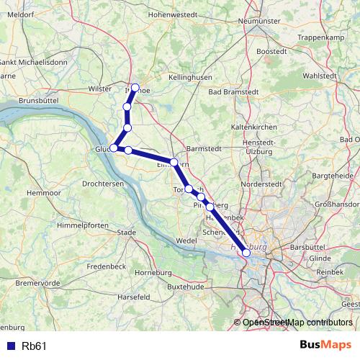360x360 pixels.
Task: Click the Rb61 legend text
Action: click(x=35, y=346)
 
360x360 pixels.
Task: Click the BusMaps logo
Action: click(x=325, y=345)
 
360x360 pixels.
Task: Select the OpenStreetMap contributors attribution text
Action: click(x=297, y=323)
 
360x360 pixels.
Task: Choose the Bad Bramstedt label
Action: click(x=233, y=92)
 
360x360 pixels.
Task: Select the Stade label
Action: click(x=127, y=233)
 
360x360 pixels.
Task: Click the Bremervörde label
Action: click(x=36, y=283)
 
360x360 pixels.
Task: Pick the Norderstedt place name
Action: click(x=258, y=184)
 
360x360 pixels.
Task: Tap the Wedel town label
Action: click(x=186, y=239)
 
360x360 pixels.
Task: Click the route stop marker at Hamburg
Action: click(x=246, y=252)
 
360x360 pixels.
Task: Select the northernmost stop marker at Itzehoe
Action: click(x=135, y=88)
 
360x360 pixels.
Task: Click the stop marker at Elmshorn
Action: click(x=174, y=161)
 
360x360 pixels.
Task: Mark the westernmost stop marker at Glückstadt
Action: click(x=114, y=148)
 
